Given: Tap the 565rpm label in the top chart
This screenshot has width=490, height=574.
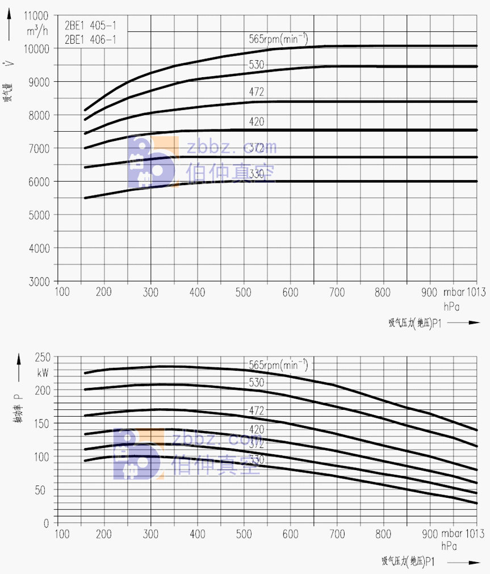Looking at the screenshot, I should point(278,39).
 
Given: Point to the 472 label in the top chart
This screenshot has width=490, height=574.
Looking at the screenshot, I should point(257,91).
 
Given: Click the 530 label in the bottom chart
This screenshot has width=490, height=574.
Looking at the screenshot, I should point(257,383).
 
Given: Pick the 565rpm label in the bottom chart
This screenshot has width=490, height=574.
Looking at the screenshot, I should point(278,364).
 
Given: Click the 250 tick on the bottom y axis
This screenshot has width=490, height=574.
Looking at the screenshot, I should point(43,357).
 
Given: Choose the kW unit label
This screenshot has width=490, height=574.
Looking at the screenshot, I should point(43,373).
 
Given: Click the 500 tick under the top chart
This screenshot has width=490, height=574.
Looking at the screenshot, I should point(244,292).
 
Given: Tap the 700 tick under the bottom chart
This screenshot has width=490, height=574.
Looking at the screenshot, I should point(337,534).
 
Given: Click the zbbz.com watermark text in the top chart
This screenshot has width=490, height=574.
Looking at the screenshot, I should point(232,148).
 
